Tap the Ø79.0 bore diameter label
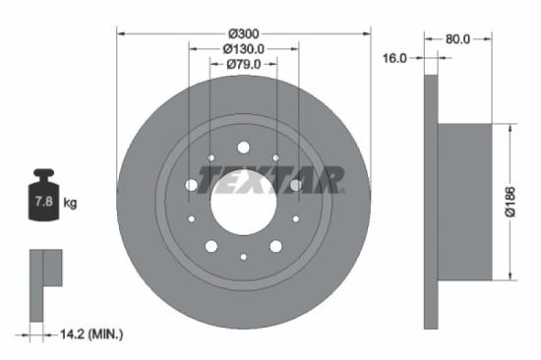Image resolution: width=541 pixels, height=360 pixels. [x=243, y=65]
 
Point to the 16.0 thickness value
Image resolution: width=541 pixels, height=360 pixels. [x=394, y=58]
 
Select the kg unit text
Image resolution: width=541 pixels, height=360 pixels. [x=70, y=204]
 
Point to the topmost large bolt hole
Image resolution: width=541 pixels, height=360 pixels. [x=243, y=148]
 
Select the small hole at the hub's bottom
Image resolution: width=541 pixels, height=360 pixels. [x=243, y=257]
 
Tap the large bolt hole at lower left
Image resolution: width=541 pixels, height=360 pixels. [x=210, y=246]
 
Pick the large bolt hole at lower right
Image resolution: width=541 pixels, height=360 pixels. [x=276, y=246]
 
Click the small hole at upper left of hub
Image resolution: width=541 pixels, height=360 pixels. [x=210, y=157]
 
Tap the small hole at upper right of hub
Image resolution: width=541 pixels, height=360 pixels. [x=276, y=157]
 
